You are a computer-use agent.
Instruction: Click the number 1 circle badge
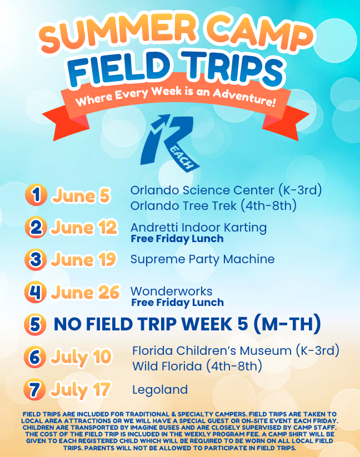36,195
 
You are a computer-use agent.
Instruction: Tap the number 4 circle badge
35,292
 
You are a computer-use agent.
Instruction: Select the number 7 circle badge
34,389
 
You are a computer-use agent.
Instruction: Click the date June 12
84,227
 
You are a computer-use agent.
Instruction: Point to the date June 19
84,259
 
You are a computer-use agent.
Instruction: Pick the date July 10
81,357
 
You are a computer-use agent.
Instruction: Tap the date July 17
81,390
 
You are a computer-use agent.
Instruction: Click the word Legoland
160,390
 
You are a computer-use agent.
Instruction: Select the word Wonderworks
172,291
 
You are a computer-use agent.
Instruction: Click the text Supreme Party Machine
203,259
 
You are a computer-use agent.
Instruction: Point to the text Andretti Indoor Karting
198,228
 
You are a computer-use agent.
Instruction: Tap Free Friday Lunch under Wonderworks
178,303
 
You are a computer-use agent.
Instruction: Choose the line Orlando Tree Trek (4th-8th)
213,206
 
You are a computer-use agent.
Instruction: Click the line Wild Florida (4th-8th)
197,366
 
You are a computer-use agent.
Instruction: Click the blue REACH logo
170,143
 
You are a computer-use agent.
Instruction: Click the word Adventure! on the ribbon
244,97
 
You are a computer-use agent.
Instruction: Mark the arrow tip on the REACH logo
169,115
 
